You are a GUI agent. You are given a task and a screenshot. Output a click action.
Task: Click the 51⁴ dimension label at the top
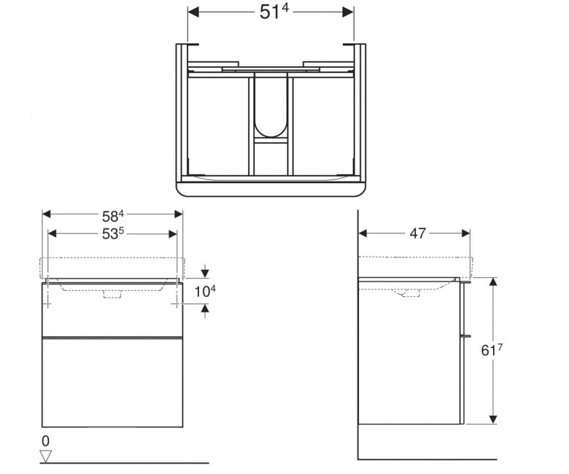pos(274,12)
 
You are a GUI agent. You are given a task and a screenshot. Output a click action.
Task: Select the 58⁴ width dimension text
pos(113,217)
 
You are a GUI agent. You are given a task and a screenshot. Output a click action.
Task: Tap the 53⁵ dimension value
pos(113,234)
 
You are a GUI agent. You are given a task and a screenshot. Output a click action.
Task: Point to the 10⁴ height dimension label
pos(205,291)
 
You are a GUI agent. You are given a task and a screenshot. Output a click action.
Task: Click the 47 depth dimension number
pos(417,233)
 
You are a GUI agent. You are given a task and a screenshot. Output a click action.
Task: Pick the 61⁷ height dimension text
pos(492,350)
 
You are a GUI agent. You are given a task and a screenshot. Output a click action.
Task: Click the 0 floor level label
pos(45,441)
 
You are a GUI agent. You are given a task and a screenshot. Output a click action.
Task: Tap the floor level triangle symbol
pos(46,456)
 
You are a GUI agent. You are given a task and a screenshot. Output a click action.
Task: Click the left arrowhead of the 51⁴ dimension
pos(193,12)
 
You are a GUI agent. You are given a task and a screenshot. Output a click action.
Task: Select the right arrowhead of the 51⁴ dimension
pos(348,12)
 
